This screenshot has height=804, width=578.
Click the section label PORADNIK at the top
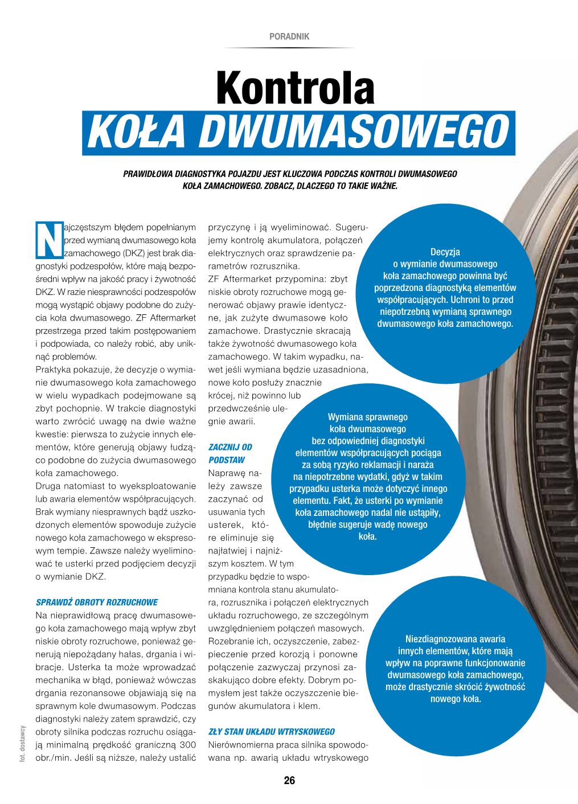[289, 36]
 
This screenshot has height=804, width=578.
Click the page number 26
[289, 781]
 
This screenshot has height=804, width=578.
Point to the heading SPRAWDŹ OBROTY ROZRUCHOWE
[97, 602]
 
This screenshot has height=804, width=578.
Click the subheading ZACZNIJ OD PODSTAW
[230, 453]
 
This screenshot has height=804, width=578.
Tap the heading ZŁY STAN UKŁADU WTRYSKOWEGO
[272, 732]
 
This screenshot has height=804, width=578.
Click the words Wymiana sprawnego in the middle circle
[367, 417]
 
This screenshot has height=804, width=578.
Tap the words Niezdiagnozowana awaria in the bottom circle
[455, 639]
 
